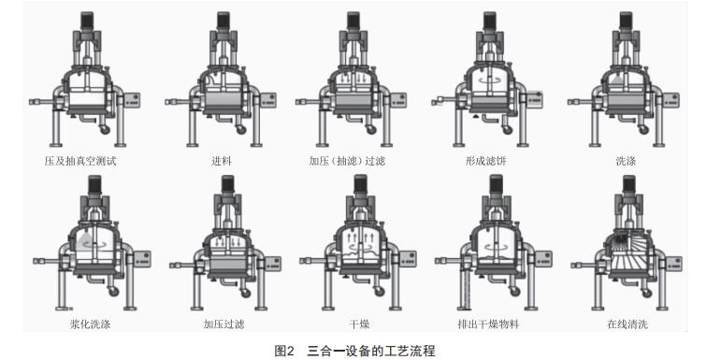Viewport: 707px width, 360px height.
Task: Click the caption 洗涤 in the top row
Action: pos(626,161)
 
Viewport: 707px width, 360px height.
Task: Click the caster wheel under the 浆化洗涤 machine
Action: pos(117,294)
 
